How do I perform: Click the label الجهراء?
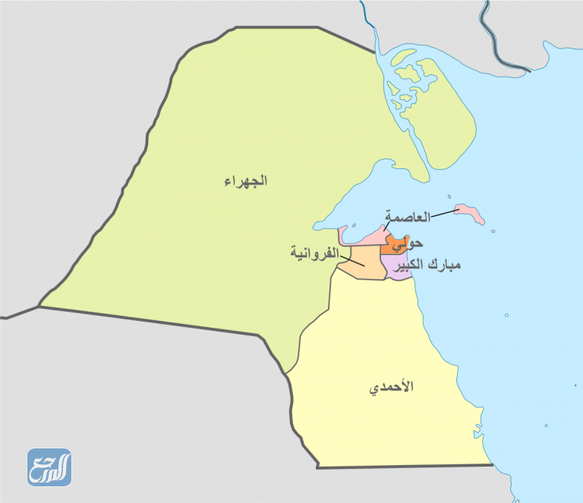[245, 181]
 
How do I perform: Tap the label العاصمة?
[408, 217]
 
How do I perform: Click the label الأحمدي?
[392, 388]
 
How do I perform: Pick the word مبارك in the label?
[444, 266]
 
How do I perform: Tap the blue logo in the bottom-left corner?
[49, 467]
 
